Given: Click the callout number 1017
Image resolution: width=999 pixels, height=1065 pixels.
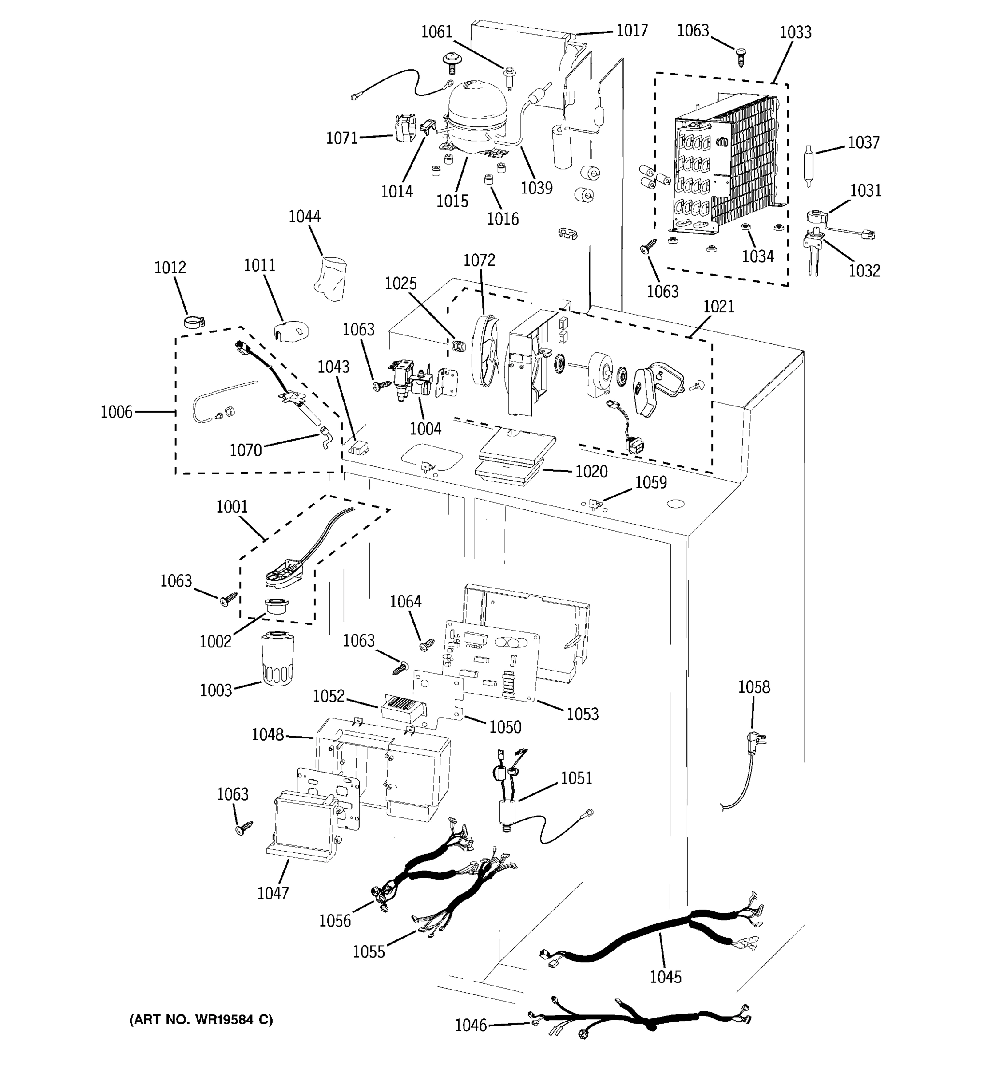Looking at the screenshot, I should (x=632, y=31).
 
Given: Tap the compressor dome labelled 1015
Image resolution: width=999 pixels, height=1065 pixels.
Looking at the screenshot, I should (x=476, y=115).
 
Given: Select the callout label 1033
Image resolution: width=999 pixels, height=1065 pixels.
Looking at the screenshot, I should (x=795, y=33).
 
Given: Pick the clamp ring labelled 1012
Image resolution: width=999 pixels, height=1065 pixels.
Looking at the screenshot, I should (x=194, y=323).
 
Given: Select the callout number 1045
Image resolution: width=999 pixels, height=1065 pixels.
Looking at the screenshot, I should (x=665, y=977).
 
